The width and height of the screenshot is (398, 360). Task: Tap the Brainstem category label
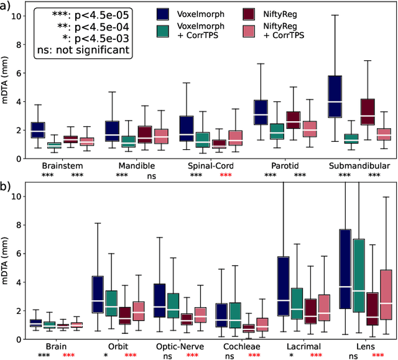click(63, 167)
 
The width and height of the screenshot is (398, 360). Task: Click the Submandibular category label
click(360, 167)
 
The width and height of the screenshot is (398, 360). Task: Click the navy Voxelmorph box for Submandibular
click(335, 96)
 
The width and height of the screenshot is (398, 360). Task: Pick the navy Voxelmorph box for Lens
click(346, 269)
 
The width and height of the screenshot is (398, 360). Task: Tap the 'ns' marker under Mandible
click(151, 177)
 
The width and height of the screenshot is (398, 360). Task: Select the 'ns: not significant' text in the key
click(83, 52)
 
